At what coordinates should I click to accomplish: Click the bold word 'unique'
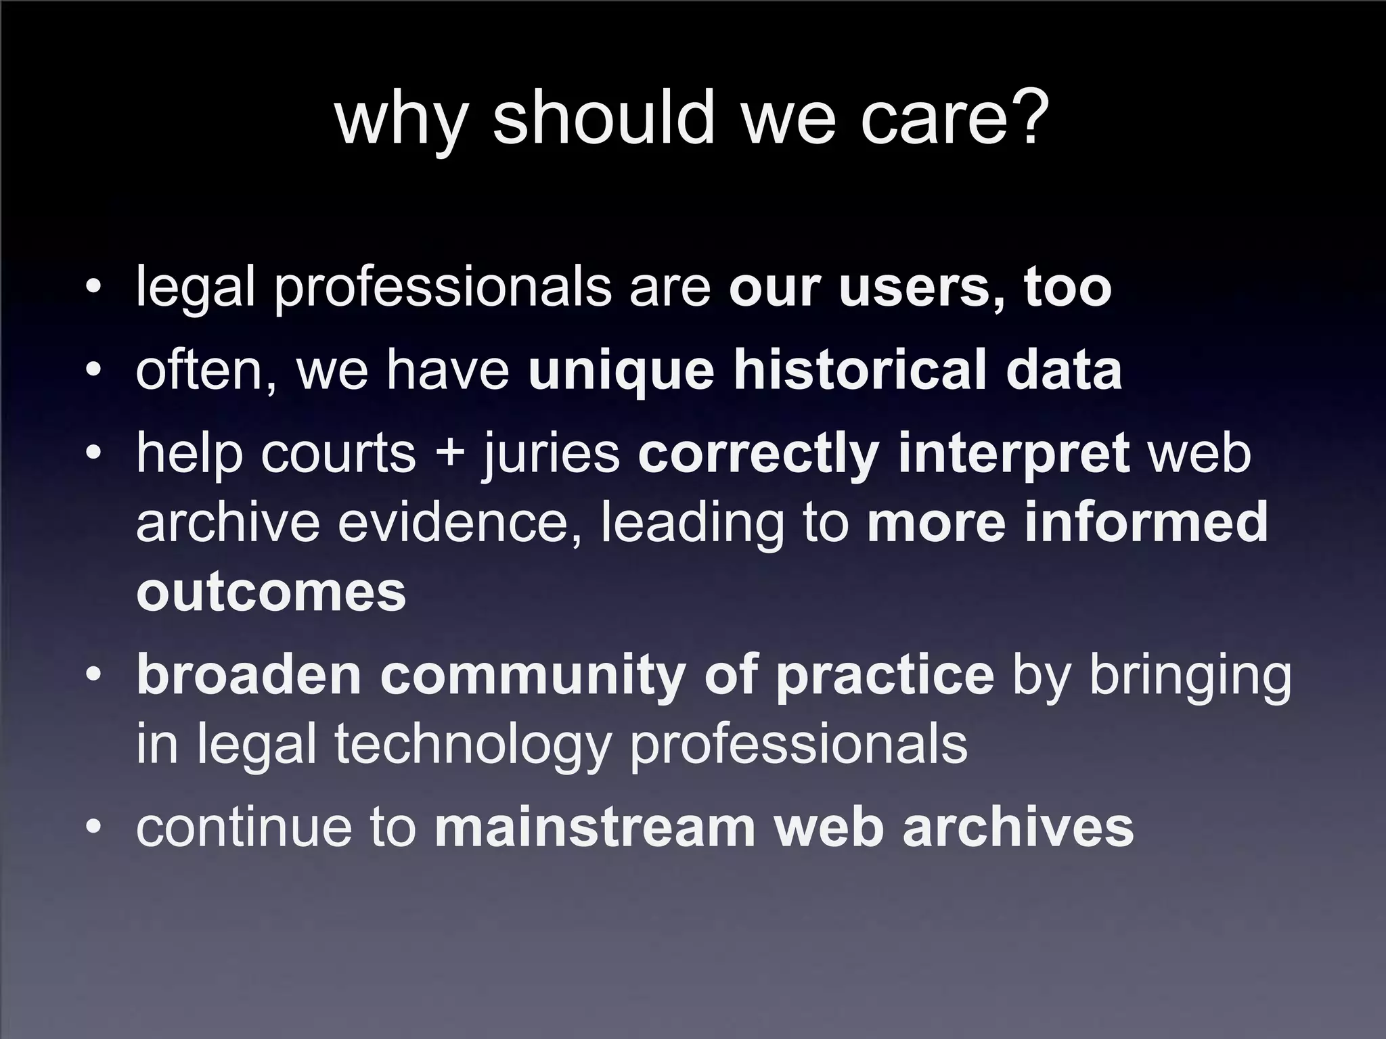click(621, 372)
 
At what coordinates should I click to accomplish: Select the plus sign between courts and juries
click(449, 453)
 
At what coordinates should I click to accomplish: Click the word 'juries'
click(551, 455)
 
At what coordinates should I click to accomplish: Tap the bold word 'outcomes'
click(271, 593)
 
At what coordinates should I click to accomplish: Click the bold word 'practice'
click(885, 676)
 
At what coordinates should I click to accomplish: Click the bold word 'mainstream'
click(595, 827)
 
